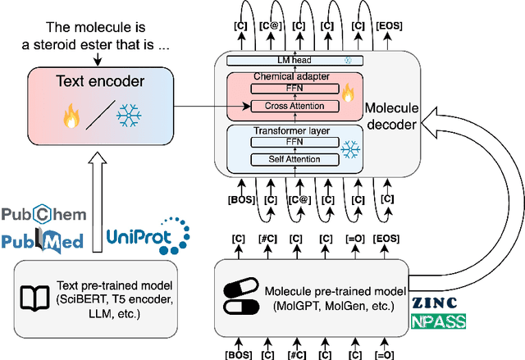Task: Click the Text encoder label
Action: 100,82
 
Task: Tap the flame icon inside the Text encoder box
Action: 70,115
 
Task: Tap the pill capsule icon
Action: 244,292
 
